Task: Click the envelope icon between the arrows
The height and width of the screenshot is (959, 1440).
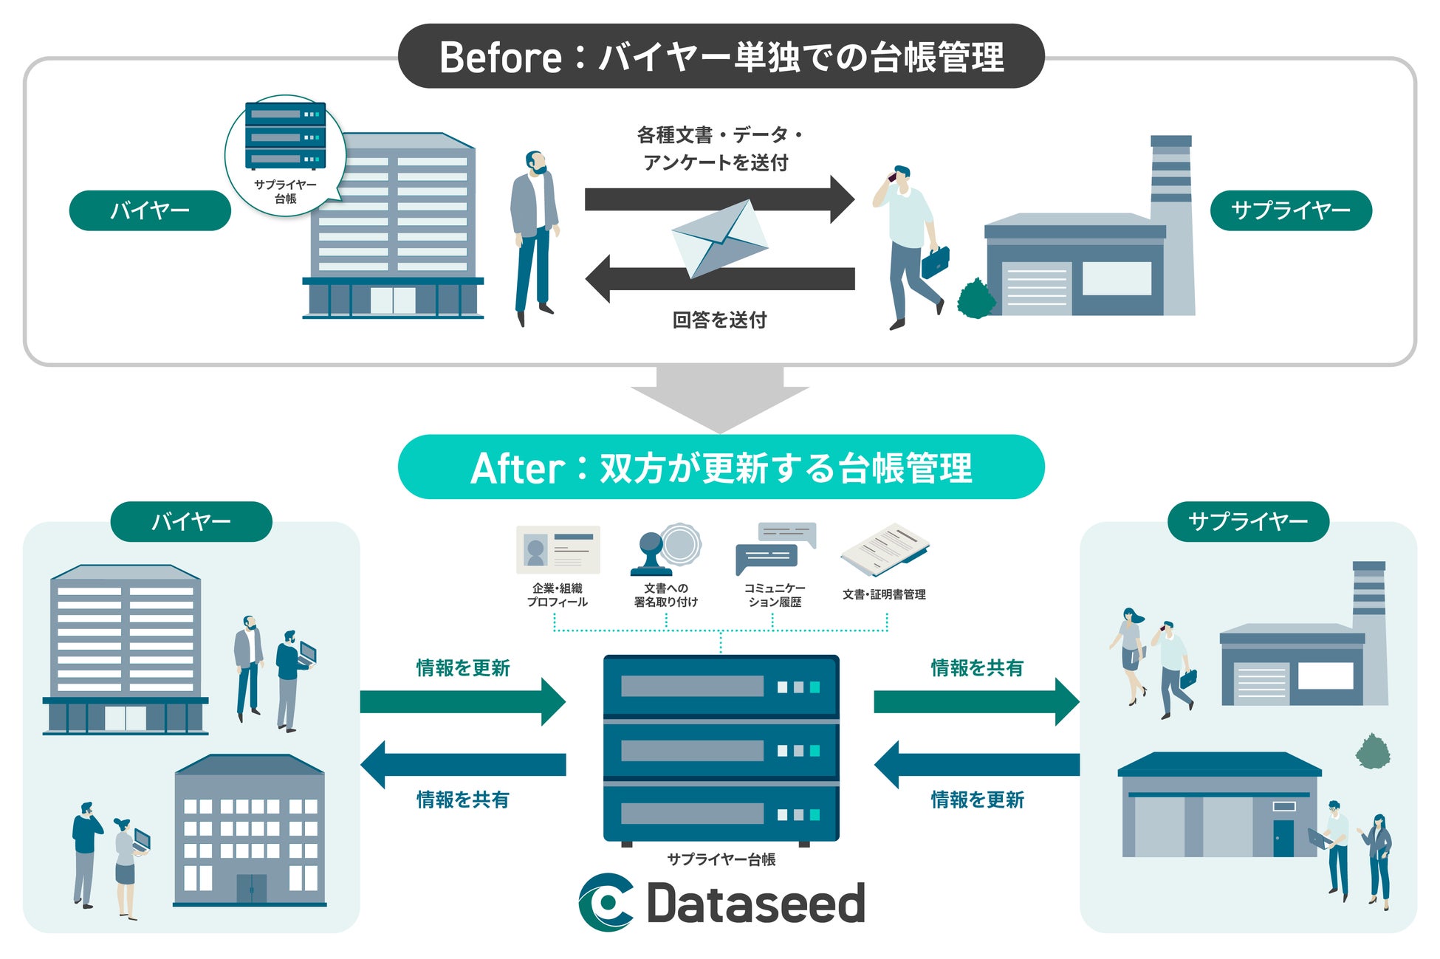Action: coord(720,238)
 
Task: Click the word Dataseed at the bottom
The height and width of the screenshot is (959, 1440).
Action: coord(755,902)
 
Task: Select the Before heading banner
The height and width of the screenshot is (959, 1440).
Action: coord(721,56)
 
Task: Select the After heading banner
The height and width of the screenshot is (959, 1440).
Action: coord(721,467)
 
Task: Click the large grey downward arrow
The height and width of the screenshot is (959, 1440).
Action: coord(720,399)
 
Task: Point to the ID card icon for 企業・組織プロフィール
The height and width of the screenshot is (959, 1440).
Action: coord(558,550)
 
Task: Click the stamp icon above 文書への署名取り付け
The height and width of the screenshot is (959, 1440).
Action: coord(665,550)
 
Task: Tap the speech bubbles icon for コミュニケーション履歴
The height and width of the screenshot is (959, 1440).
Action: coord(775,549)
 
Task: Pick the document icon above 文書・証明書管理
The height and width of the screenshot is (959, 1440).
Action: coord(885,550)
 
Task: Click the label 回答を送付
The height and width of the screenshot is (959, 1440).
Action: coord(719,320)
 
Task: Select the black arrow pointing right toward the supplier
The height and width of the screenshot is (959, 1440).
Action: coord(719,199)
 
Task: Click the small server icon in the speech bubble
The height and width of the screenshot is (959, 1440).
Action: coord(285,136)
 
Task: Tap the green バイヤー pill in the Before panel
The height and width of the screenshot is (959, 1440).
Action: coord(150,210)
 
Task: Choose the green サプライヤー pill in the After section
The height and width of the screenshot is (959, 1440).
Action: coord(1248,522)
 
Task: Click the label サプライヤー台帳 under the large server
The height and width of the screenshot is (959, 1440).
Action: coord(721,859)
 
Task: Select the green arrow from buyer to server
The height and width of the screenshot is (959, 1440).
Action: coord(463,701)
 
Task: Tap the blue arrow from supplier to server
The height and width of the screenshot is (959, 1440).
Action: coord(977,765)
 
